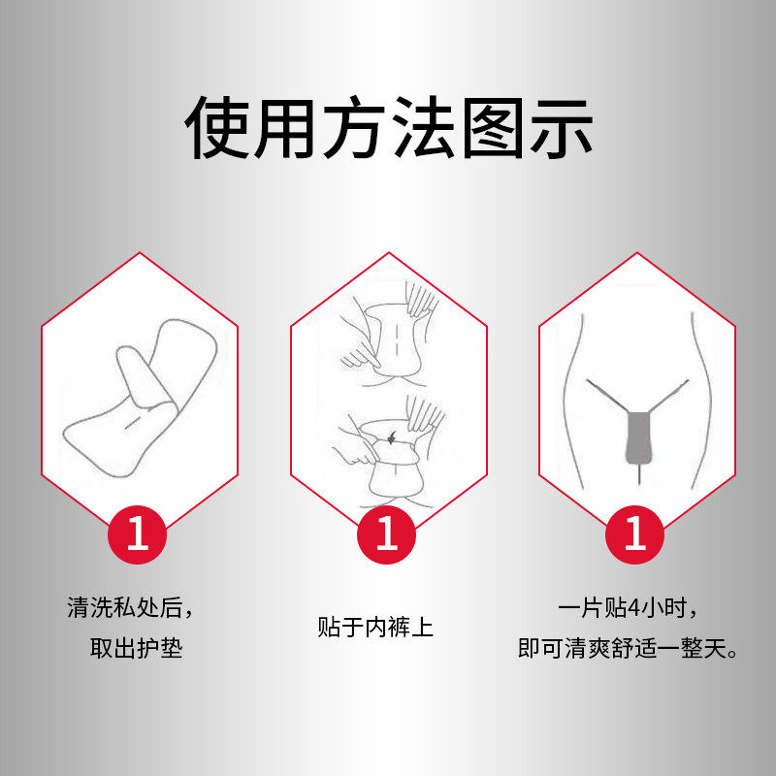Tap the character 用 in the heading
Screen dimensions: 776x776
[x=287, y=127]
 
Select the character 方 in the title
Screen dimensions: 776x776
[x=355, y=127]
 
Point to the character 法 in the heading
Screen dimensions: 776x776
[x=423, y=127]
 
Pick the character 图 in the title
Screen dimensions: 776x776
[x=491, y=127]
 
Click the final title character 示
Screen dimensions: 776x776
[x=559, y=127]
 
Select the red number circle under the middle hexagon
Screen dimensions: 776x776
[x=387, y=534]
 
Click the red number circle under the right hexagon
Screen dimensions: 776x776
[x=635, y=534]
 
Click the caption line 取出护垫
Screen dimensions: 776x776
[x=136, y=648]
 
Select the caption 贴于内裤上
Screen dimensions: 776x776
[x=375, y=627]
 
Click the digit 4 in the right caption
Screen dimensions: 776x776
[x=634, y=608]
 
